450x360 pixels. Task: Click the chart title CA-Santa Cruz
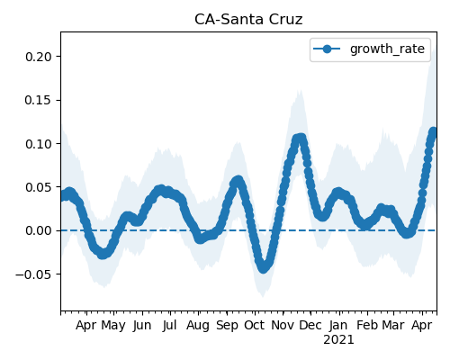point(248,20)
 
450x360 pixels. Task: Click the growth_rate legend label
point(387,49)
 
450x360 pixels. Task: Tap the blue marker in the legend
point(327,49)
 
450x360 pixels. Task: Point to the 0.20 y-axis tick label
point(40,57)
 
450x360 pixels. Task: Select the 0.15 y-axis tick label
point(40,100)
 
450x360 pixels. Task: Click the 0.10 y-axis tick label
point(40,144)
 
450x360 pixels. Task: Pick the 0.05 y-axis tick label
point(40,187)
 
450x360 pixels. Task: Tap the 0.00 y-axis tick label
point(40,230)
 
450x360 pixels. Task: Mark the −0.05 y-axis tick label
point(35,274)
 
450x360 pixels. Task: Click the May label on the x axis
point(113,326)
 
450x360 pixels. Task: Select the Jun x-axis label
point(142,326)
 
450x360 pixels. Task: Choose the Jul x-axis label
point(169,326)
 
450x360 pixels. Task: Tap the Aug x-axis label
point(198,326)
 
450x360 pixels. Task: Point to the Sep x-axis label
point(227,326)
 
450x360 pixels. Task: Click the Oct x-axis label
point(255,326)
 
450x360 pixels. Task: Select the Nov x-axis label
point(283,326)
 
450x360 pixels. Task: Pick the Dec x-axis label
point(310,326)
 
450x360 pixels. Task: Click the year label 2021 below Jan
point(338,340)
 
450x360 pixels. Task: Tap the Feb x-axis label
point(367,326)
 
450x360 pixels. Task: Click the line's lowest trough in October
point(264,267)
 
